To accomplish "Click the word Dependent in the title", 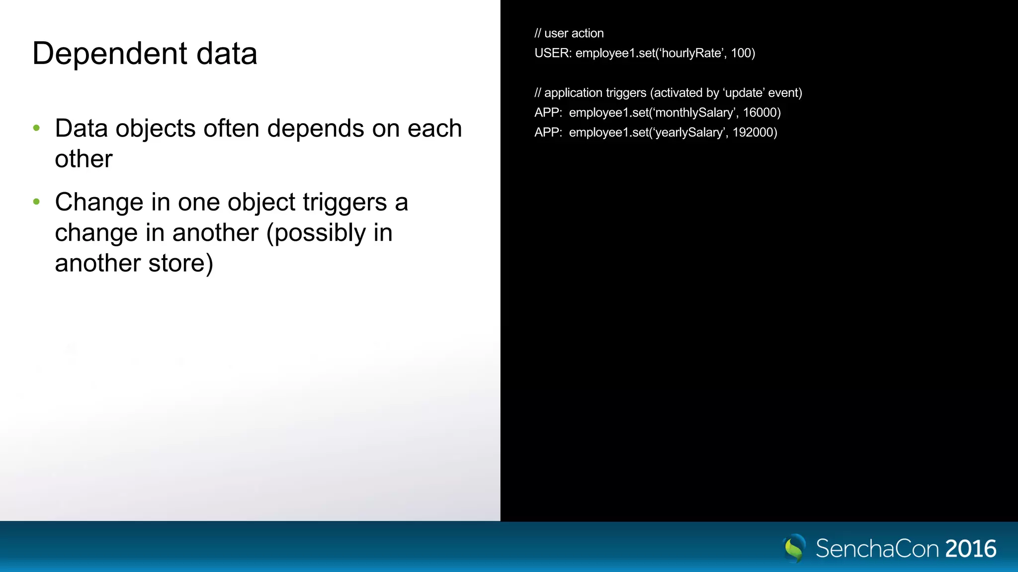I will click(x=110, y=54).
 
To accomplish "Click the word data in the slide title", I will click(x=227, y=54).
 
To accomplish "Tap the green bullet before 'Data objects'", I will click(x=36, y=128).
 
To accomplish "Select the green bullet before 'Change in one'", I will click(x=36, y=202).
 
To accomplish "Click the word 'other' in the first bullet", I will click(x=84, y=159).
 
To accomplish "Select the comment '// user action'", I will click(x=569, y=33).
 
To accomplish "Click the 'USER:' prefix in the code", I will click(x=553, y=53).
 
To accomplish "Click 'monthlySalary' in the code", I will click(x=694, y=113).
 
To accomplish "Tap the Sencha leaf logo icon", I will click(x=794, y=548).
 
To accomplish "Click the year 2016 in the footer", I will click(x=970, y=549).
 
